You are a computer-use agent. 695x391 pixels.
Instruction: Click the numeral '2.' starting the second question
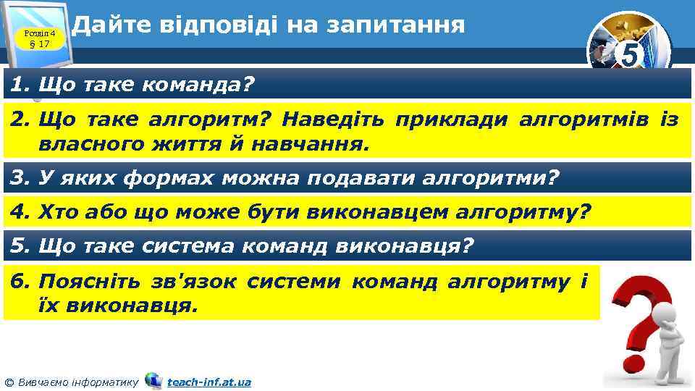point(20,119)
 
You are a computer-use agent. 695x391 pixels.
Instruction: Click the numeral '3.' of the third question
point(20,177)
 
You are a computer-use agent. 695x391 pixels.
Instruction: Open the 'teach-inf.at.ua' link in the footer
point(208,382)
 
